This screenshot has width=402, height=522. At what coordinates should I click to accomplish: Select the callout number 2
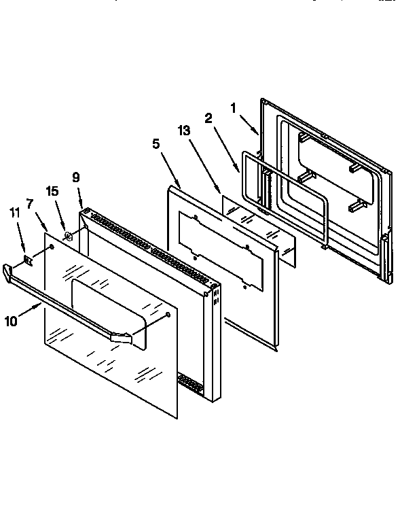pos(208,118)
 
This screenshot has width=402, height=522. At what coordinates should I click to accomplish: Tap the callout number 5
pos(156,143)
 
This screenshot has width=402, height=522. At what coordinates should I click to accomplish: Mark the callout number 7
pos(30,203)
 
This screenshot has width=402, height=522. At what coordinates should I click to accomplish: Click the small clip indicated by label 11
pos(28,259)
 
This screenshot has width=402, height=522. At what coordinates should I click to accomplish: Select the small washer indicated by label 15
pos(69,237)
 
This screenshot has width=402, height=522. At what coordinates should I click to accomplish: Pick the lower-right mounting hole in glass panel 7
pos(166,314)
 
